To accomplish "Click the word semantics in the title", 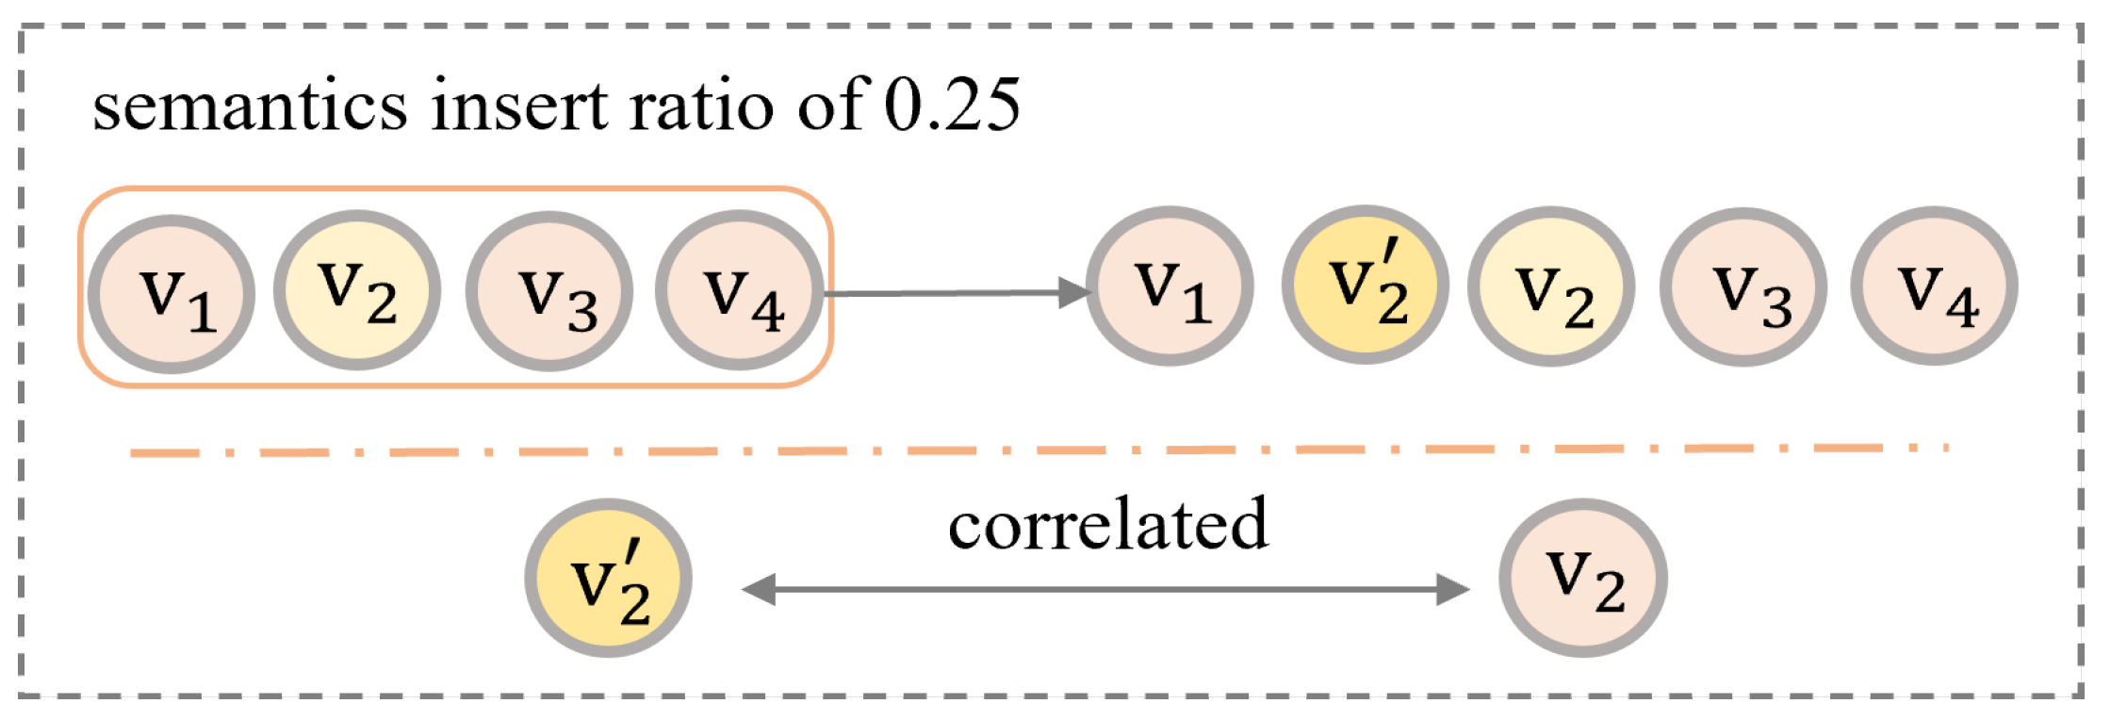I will [250, 106].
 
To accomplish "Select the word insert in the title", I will [519, 106].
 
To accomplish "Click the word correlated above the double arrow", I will [1108, 525].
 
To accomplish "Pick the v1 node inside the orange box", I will [172, 294].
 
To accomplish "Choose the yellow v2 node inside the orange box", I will [357, 290].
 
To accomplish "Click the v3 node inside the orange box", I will [549, 292].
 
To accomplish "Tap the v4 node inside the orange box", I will [740, 290].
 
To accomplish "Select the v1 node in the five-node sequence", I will [1170, 286].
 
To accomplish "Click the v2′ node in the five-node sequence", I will [1365, 285].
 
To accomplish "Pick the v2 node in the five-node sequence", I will [1551, 286].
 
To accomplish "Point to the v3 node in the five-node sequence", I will [1743, 286].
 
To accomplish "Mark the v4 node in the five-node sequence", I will [1934, 286].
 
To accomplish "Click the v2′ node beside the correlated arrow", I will [609, 578].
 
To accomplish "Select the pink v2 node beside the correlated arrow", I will [1583, 578].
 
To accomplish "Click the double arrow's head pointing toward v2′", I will [760, 590].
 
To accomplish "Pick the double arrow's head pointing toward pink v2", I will [1451, 590].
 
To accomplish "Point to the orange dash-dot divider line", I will [1037, 450].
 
